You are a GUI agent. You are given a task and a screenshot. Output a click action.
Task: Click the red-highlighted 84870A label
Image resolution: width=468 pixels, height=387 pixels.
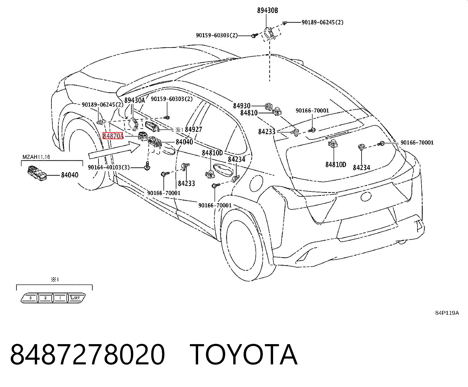[113, 136]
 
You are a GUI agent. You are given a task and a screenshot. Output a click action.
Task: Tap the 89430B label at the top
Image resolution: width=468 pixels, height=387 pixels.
[268, 11]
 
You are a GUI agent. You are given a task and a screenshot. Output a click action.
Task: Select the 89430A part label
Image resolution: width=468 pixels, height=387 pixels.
[135, 100]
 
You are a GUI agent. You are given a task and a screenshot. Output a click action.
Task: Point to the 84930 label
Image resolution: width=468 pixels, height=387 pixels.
[242, 106]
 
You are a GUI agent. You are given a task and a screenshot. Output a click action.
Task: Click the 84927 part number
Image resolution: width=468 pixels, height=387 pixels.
[193, 129]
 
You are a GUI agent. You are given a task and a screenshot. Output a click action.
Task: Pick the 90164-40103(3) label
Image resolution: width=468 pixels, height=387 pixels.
[109, 167]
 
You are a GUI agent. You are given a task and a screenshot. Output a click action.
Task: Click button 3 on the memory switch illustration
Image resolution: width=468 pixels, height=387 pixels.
[31, 298]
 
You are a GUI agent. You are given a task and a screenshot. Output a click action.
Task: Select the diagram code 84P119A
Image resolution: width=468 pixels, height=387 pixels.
[447, 313]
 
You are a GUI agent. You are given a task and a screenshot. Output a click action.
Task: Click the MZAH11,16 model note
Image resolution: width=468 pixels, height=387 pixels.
[36, 157]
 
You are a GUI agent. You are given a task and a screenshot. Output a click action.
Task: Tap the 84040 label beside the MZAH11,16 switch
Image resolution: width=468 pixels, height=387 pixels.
[70, 175]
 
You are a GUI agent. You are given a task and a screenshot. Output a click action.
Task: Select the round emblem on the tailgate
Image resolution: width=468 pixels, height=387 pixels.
[366, 196]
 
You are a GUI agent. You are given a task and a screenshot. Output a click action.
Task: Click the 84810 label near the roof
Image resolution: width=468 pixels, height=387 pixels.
[249, 113]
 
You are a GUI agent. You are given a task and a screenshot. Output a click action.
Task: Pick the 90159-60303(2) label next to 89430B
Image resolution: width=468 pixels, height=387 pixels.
[217, 35]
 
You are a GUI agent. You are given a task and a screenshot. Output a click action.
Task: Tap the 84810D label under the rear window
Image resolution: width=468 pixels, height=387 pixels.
[336, 165]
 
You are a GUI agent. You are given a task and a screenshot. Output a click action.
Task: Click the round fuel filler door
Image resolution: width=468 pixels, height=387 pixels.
[256, 183]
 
